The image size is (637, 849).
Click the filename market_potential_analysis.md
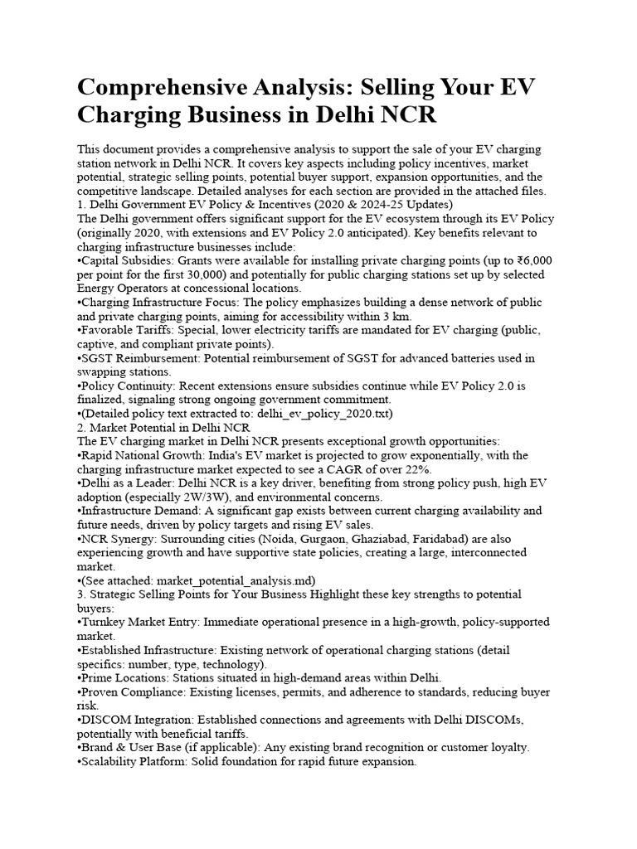tap(236, 580)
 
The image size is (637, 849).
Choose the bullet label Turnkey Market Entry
tap(140, 622)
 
